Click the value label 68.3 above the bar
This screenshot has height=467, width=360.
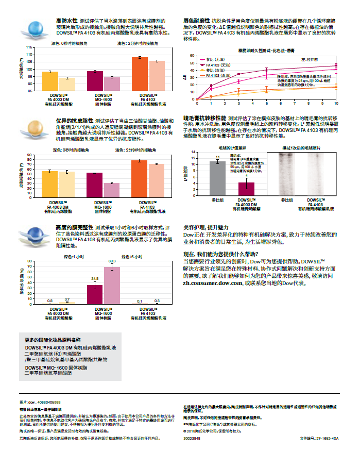pos(112,261)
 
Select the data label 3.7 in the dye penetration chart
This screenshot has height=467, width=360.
pos(67,299)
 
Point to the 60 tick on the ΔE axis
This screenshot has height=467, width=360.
pos(192,56)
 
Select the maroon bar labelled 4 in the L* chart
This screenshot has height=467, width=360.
pos(246,186)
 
